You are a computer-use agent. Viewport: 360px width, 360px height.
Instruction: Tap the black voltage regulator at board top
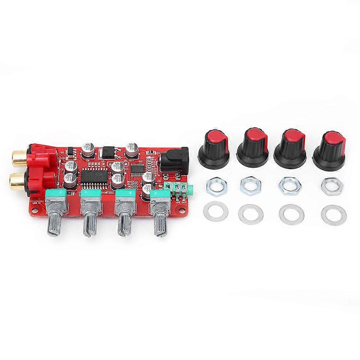107,152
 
